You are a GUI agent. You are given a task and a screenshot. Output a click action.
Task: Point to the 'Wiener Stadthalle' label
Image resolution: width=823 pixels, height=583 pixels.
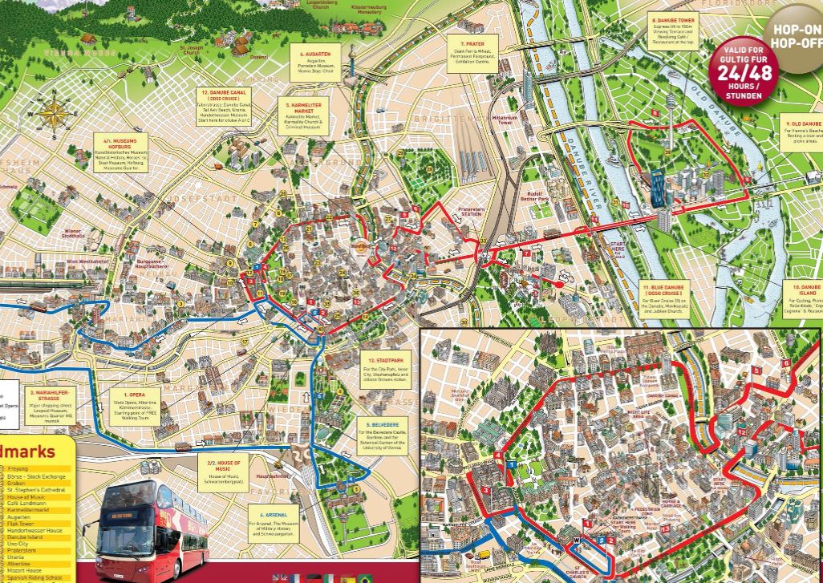73,234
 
